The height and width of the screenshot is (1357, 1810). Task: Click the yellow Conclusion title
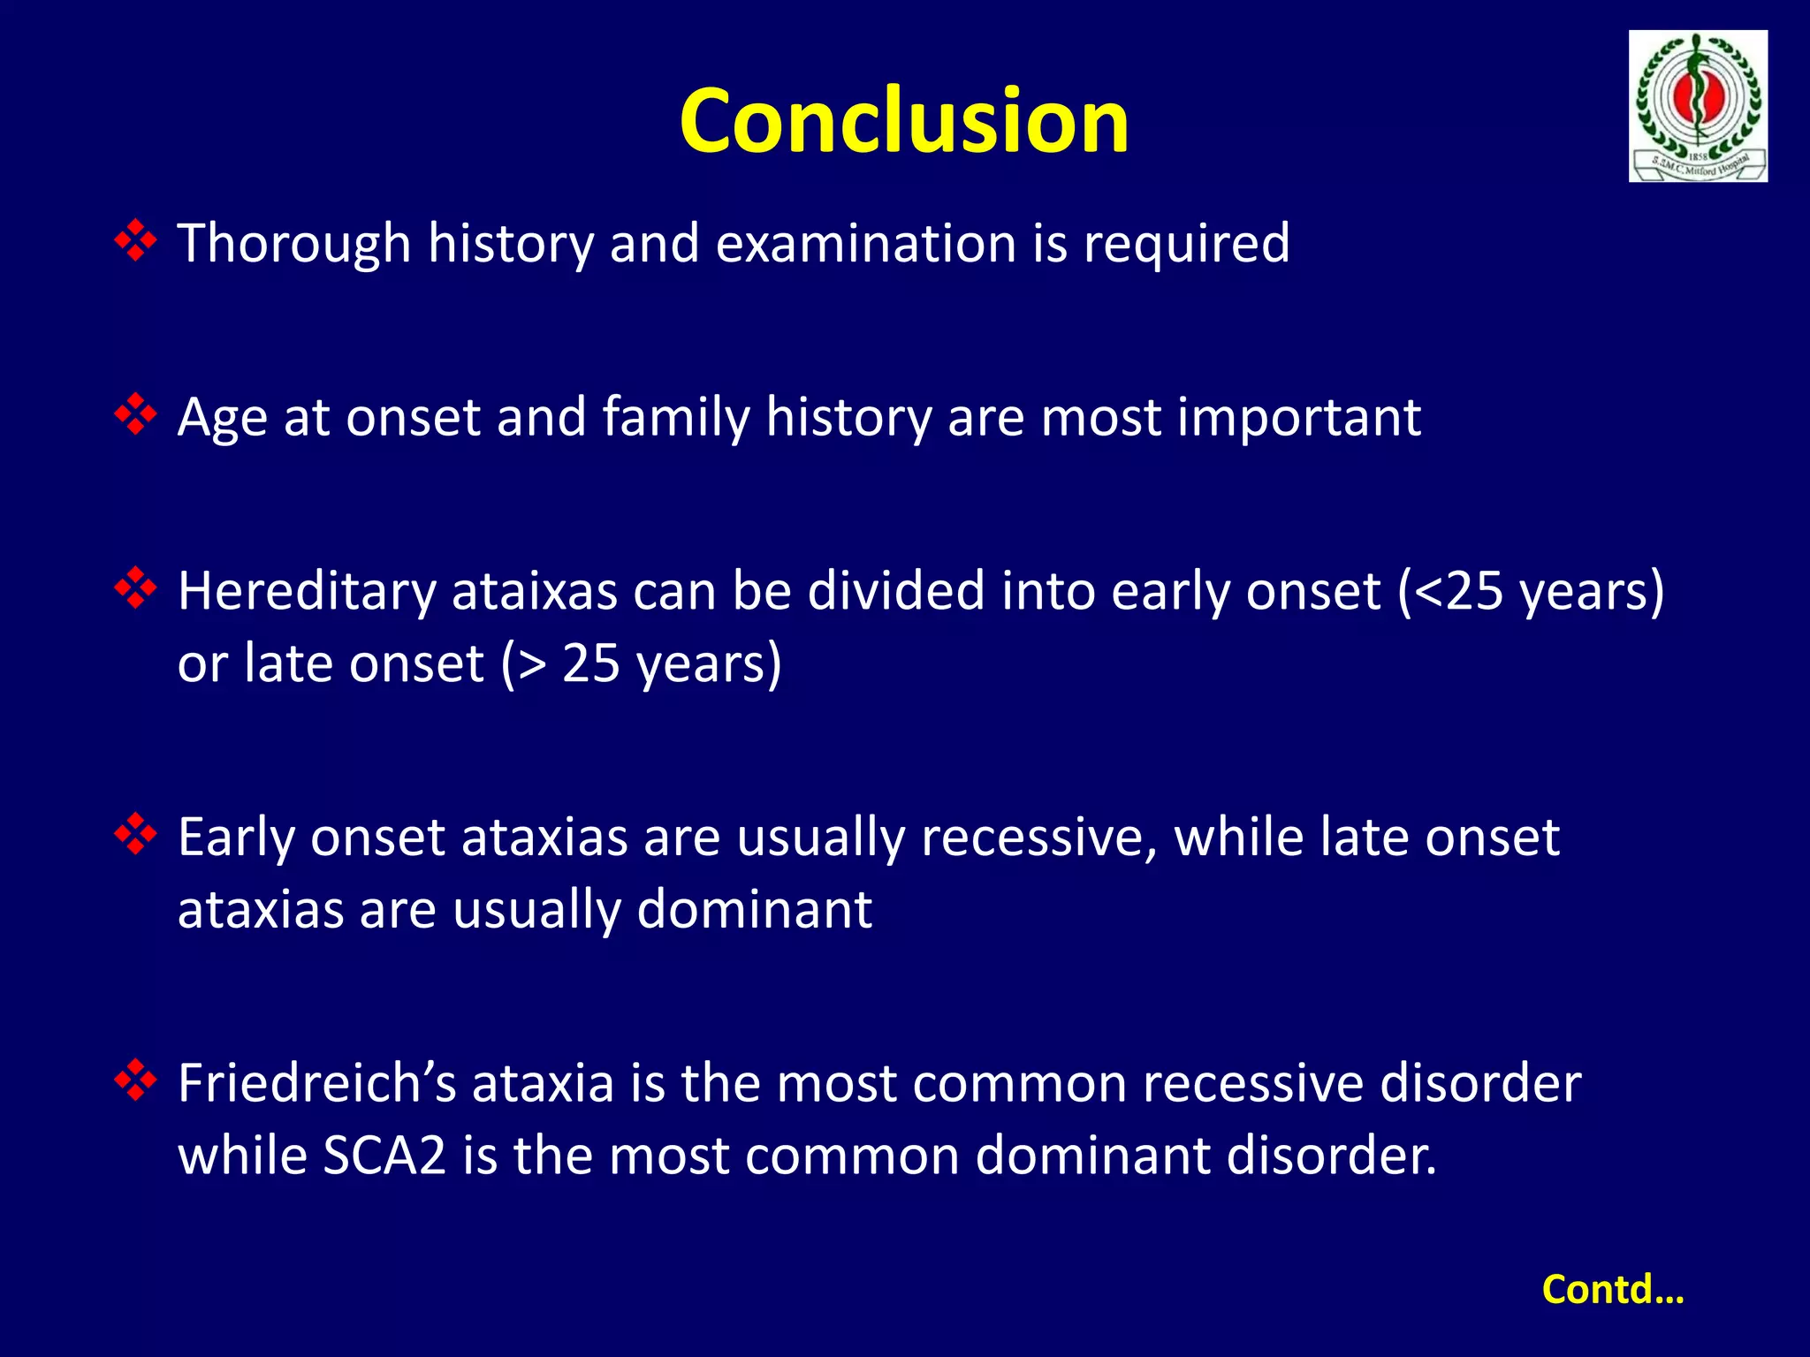tap(904, 121)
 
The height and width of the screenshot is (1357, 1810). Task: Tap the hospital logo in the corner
tap(1698, 106)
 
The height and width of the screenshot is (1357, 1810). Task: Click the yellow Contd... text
tap(1613, 1289)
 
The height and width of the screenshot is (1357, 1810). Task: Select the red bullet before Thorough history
tap(136, 241)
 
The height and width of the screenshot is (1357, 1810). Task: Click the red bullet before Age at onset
tap(136, 414)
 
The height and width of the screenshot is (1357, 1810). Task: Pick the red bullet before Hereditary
tap(136, 588)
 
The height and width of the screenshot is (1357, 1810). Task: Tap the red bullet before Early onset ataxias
tap(136, 834)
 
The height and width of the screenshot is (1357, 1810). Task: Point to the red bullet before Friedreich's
tap(136, 1080)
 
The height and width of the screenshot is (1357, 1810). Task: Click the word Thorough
tap(294, 243)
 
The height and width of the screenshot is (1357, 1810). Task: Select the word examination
tap(865, 243)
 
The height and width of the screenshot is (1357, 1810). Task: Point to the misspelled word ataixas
tap(534, 591)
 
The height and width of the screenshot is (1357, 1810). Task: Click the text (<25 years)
tap(1531, 591)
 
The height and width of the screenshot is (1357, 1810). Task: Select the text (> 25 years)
tap(642, 663)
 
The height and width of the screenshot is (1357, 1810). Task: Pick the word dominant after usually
tap(754, 909)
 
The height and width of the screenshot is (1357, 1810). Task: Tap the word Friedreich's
tap(316, 1083)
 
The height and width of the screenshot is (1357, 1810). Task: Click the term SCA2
tap(384, 1156)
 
